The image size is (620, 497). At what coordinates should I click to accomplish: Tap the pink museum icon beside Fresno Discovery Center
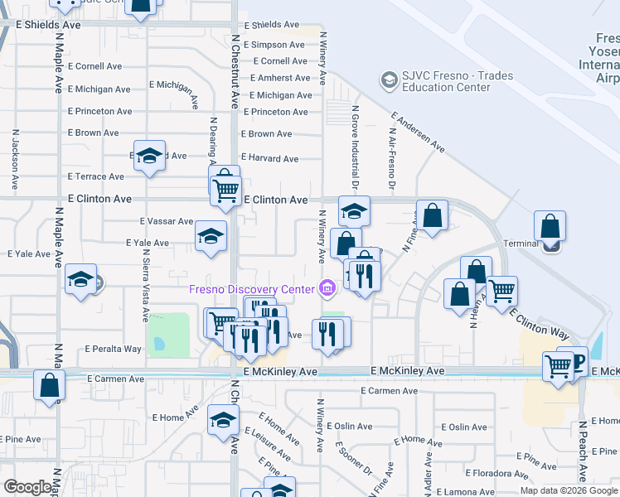point(327,288)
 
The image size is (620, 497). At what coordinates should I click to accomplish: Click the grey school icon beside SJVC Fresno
point(387,80)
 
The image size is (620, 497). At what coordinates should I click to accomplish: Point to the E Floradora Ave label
point(496,474)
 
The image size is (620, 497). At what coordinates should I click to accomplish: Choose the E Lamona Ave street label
point(492,492)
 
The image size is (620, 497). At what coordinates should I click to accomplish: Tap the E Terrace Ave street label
point(96,176)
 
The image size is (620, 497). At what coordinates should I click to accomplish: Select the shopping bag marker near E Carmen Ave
point(49,385)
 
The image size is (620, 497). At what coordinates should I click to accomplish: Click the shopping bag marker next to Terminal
point(550,226)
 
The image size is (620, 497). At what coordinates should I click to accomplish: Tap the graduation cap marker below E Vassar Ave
point(211,237)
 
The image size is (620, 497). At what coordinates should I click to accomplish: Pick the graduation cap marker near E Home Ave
point(222,420)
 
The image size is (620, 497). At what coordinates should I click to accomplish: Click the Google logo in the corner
point(27,487)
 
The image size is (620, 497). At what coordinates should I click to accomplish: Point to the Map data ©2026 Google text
point(569,490)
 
